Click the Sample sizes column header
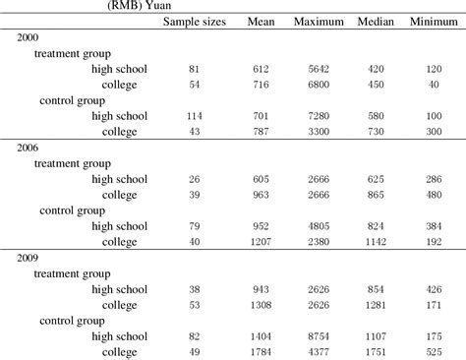pyautogui.click(x=194, y=22)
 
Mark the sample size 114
pyautogui.click(x=194, y=115)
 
